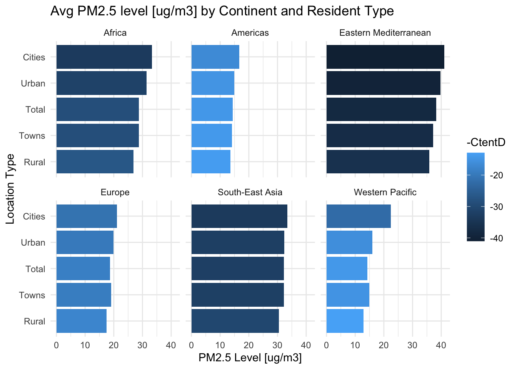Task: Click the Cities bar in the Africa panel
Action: pyautogui.click(x=104, y=57)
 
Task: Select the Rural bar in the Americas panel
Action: pyautogui.click(x=211, y=162)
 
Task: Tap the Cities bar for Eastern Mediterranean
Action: pyautogui.click(x=385, y=57)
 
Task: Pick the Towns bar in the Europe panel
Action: pyautogui.click(x=83, y=295)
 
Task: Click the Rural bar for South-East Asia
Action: pyautogui.click(x=235, y=321)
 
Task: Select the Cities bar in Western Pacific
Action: pyautogui.click(x=359, y=216)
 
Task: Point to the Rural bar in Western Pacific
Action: pyautogui.click(x=345, y=321)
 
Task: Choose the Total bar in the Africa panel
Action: pyautogui.click(x=97, y=110)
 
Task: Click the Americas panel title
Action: pyautogui.click(x=250, y=33)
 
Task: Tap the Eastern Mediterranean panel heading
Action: pyautogui.click(x=385, y=33)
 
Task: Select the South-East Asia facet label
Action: pyautogui.click(x=250, y=192)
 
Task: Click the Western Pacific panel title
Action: pyautogui.click(x=385, y=192)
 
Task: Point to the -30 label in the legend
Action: pyautogui.click(x=498, y=207)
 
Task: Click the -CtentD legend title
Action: pyautogui.click(x=485, y=143)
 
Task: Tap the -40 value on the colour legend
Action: pyautogui.click(x=498, y=238)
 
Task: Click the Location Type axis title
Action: pyautogui.click(x=10, y=189)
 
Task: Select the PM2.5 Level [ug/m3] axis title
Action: pyautogui.click(x=250, y=358)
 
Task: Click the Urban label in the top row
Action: pyautogui.click(x=33, y=83)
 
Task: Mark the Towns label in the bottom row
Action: pyautogui.click(x=32, y=295)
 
